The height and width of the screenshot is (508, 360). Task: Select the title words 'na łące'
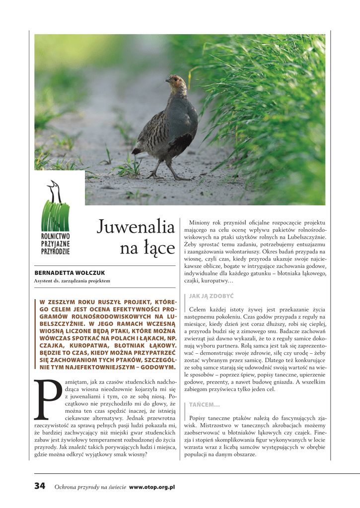point(147,249)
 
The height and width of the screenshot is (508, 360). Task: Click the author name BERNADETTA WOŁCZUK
point(70,273)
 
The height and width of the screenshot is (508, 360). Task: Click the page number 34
point(40,486)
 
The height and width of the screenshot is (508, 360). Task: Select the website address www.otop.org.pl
point(152,487)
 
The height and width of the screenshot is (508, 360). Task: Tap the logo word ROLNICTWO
point(56,237)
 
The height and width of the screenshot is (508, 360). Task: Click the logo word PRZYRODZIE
point(56,251)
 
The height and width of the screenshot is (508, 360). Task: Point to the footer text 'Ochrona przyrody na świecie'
point(90,487)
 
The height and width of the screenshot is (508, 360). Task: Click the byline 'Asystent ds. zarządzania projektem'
point(72,281)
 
